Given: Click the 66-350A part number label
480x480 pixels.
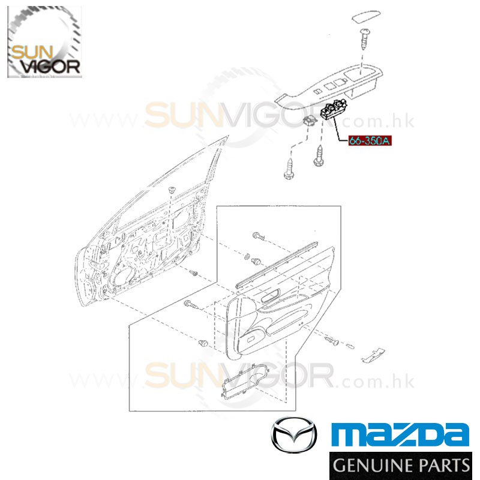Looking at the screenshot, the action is point(370,141).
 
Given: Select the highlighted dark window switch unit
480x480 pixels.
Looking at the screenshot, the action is point(334,110).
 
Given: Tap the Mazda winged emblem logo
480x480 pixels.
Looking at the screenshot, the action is point(294,434).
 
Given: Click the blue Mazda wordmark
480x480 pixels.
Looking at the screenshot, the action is point(400,434).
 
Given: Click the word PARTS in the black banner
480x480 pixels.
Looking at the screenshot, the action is point(443,466).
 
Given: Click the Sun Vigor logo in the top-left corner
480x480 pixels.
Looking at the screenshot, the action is point(44,41).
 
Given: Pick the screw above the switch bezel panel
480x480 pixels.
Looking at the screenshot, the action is point(364,39).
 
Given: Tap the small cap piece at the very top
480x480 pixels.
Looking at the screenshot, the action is point(366,17).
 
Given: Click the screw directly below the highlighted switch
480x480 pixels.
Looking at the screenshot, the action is point(319,155).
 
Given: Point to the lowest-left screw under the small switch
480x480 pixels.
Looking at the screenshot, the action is point(289,169).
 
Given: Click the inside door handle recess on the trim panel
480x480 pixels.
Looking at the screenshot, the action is point(271,295).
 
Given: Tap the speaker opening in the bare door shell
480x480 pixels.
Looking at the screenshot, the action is point(122,278).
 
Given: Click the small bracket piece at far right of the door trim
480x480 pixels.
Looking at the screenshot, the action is point(373,355).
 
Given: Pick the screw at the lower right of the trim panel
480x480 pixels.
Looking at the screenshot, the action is point(332,341).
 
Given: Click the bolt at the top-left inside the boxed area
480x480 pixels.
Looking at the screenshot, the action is point(259,236).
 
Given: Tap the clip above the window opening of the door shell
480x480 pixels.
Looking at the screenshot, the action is point(172,190).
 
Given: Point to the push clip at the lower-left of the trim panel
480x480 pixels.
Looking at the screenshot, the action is point(203,343).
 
